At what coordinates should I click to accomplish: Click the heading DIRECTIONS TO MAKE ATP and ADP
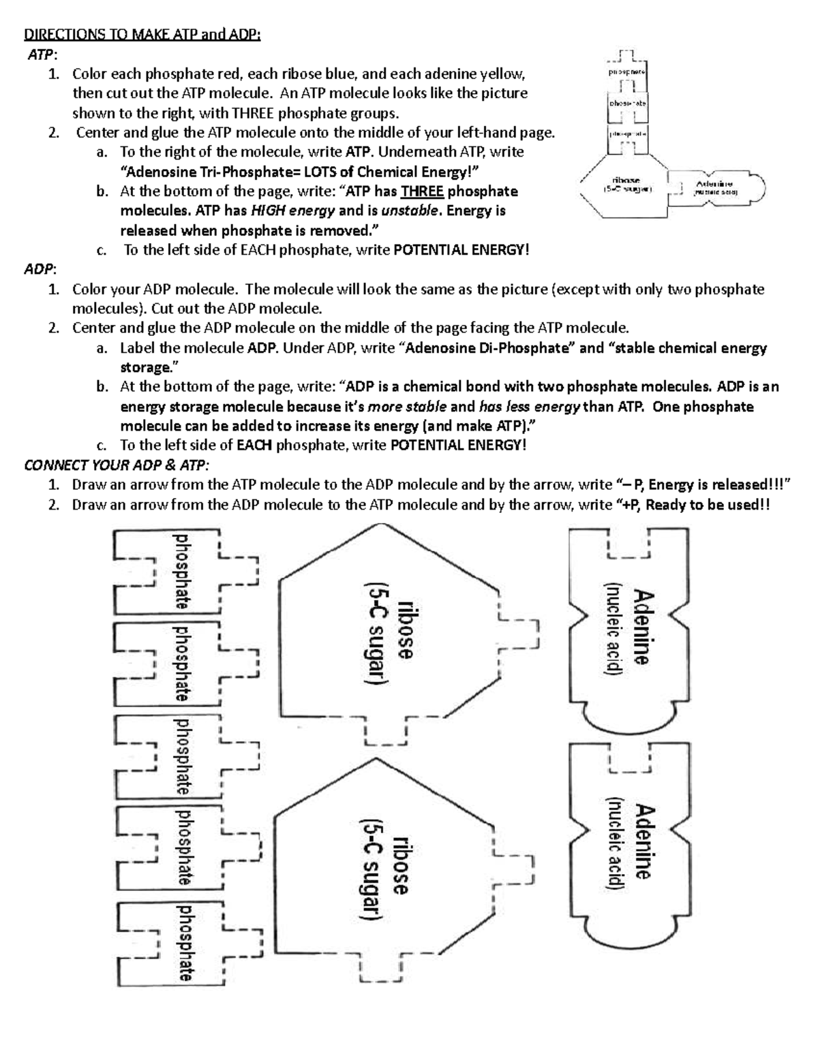142,34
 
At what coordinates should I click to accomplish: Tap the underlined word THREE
422,191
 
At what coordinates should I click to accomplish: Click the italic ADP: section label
40,269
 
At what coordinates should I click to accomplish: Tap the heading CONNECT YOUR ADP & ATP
117,465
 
